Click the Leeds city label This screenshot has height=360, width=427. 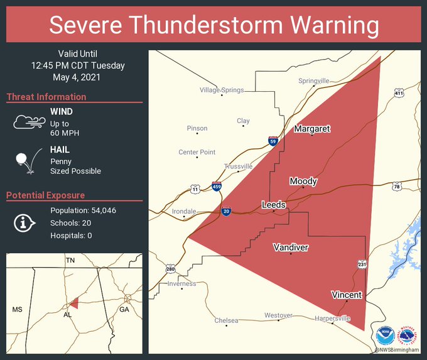coord(274,205)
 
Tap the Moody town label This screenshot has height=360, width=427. coord(303,182)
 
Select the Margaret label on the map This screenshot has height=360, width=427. coord(312,129)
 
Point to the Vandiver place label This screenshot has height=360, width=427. coord(291,248)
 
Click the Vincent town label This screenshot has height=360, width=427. coord(347,295)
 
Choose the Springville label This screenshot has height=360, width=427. coord(313,81)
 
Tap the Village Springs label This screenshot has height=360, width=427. coord(222,90)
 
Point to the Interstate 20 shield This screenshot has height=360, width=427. coord(226,212)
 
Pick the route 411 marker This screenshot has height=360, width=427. coord(399,94)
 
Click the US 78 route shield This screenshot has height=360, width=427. coord(396,187)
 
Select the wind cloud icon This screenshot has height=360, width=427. coord(29,122)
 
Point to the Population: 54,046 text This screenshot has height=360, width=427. coord(83,210)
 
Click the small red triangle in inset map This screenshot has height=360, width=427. coord(74,303)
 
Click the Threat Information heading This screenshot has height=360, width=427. coord(46,97)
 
